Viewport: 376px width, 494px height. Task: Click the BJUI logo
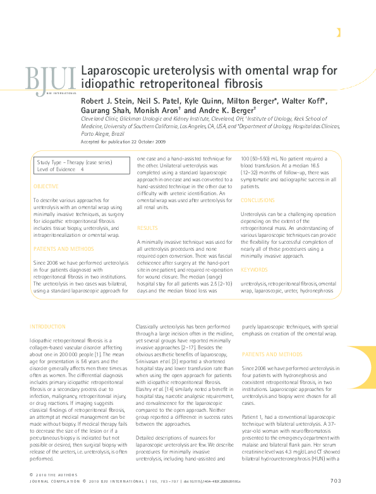point(50,79)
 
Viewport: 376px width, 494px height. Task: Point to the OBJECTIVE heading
point(45,186)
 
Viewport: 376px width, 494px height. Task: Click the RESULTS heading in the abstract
point(148,227)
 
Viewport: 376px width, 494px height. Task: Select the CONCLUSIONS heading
point(258,200)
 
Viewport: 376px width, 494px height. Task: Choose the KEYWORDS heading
point(254,270)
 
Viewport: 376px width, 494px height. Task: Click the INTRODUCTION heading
point(47,327)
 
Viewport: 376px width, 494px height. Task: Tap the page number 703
point(336,481)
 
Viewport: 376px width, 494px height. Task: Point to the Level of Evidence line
point(61,170)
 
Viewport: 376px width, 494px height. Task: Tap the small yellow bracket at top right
point(339,33)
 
